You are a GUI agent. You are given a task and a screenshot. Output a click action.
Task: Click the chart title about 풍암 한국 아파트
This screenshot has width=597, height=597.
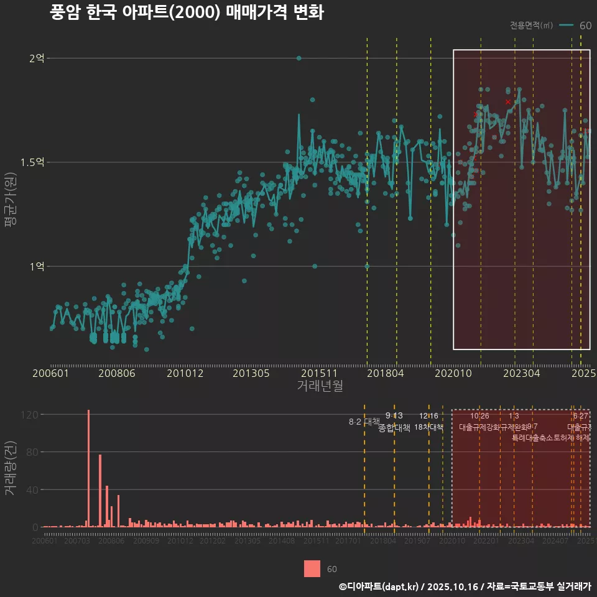pyautogui.click(x=187, y=13)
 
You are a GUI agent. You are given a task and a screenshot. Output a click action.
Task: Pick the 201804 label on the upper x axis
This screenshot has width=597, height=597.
pyautogui.click(x=386, y=374)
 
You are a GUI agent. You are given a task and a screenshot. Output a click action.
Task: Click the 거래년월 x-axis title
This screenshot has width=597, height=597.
pyautogui.click(x=320, y=386)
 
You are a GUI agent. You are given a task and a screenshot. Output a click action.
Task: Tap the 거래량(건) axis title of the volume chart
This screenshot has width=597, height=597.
pyautogui.click(x=11, y=468)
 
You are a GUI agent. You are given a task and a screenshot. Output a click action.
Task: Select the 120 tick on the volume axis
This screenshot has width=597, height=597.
pyautogui.click(x=31, y=415)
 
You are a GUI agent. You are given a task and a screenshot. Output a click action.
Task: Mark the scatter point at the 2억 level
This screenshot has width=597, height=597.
pyautogui.click(x=299, y=58)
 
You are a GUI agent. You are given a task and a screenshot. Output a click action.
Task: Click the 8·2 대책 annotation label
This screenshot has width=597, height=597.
pyautogui.click(x=364, y=422)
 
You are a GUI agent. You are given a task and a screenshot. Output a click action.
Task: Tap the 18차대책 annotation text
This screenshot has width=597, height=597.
pyautogui.click(x=428, y=427)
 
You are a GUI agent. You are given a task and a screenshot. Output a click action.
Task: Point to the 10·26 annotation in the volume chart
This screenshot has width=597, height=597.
pyautogui.click(x=479, y=416)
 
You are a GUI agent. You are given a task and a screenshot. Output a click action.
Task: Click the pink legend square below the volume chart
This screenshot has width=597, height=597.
pyautogui.click(x=312, y=568)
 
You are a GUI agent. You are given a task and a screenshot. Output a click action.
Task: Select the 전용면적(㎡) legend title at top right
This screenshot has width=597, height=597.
pyautogui.click(x=531, y=25)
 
